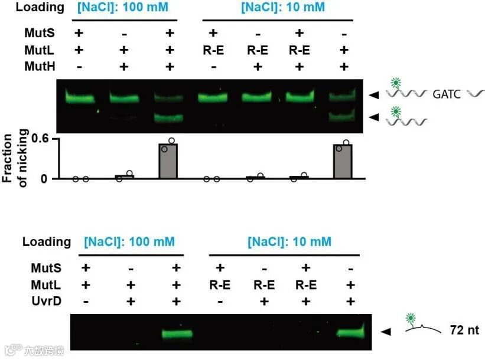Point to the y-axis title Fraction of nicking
15,160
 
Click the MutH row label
40,66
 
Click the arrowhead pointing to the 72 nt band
385,332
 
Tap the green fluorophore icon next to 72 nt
410,319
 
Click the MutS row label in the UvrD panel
45,269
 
